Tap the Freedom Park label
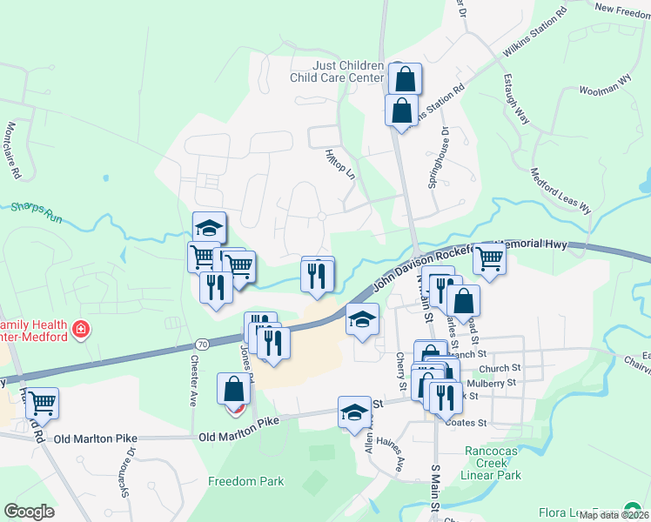245,481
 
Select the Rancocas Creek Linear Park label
493,464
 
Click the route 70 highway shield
202,345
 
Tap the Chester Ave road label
192,378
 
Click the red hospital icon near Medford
81,329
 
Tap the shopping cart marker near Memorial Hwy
489,258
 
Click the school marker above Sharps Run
209,227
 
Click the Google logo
29,512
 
